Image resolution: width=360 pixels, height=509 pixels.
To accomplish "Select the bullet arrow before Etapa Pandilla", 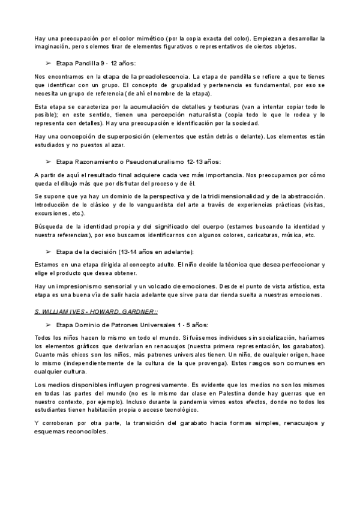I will tap(49, 62).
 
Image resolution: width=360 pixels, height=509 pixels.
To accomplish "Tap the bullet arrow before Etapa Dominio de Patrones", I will tap(49, 324).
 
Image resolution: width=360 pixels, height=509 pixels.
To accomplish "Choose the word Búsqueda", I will tap(48, 226).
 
